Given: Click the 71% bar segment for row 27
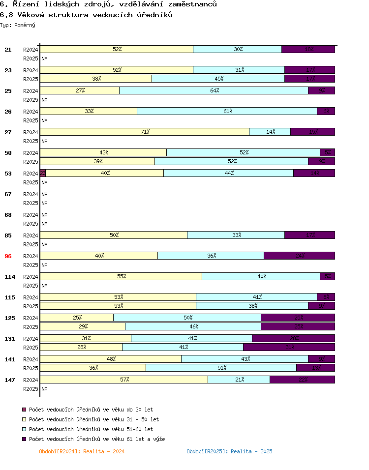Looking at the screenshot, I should coord(145,132).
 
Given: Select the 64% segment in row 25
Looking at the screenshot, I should coord(214,90).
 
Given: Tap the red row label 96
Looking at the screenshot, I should coord(8,256).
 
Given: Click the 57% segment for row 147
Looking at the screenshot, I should coord(124,380).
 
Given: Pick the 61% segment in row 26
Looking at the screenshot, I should coord(227,111).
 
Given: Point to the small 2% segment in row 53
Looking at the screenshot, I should coord(43,173).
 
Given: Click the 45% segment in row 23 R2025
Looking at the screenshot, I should coord(218,79).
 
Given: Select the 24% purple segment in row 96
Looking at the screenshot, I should coord(299,256).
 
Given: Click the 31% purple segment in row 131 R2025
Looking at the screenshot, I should coord(289,347).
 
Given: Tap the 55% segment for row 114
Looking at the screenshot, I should coord(121,276).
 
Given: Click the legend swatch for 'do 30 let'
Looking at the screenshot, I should coord(24,410).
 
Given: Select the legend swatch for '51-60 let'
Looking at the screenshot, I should coord(24,429).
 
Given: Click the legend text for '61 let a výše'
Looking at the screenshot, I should coord(97,439).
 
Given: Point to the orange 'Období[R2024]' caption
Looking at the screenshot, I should coord(82,451).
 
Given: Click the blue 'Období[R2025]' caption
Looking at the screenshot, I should coord(229,451).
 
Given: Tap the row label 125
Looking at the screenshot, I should coord(10,318).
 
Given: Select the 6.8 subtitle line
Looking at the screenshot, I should coord(86,15).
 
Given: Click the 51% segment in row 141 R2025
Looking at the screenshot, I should coord(221,368).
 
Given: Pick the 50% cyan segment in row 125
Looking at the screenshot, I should coord(187,318).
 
